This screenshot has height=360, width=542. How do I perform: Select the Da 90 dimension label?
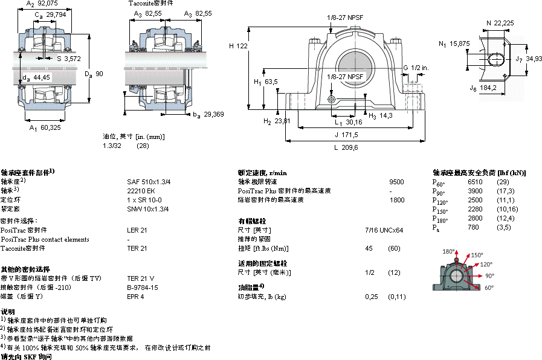(x=94, y=74)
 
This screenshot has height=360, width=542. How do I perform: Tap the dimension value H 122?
(x=239, y=46)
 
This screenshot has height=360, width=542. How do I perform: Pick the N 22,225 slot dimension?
(x=500, y=23)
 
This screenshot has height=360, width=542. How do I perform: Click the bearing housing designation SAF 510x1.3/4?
(x=148, y=181)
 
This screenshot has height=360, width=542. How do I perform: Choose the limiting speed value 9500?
(x=397, y=181)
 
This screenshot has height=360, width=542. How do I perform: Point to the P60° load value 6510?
(x=476, y=182)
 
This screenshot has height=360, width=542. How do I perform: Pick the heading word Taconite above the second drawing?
(x=140, y=4)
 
